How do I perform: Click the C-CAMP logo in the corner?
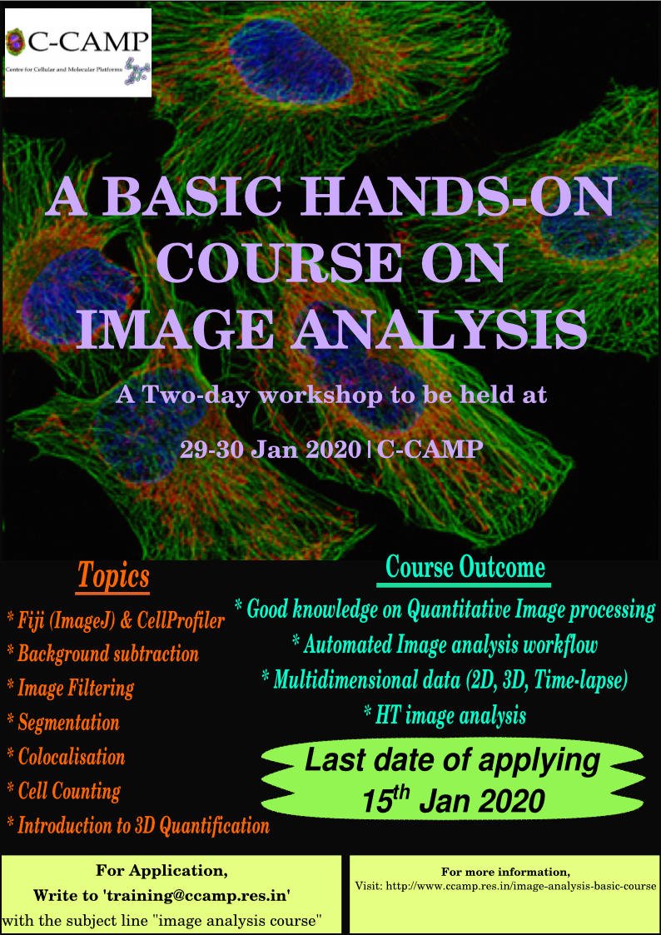pos(77,52)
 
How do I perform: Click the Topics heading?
pos(112,577)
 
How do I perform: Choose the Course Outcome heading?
pos(465,569)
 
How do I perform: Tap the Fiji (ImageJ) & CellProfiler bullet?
pos(116,622)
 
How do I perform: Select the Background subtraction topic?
pos(102,654)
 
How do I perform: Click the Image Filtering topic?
pos(70,689)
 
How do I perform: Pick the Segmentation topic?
pos(63,724)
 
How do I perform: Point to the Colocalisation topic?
pos(66,758)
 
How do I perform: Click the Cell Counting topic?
pos(63,792)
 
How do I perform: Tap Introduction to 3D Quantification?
pos(137,826)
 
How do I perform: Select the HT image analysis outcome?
pos(444,714)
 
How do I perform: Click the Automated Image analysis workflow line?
pos(445,645)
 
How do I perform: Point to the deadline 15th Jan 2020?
pos(454,799)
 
